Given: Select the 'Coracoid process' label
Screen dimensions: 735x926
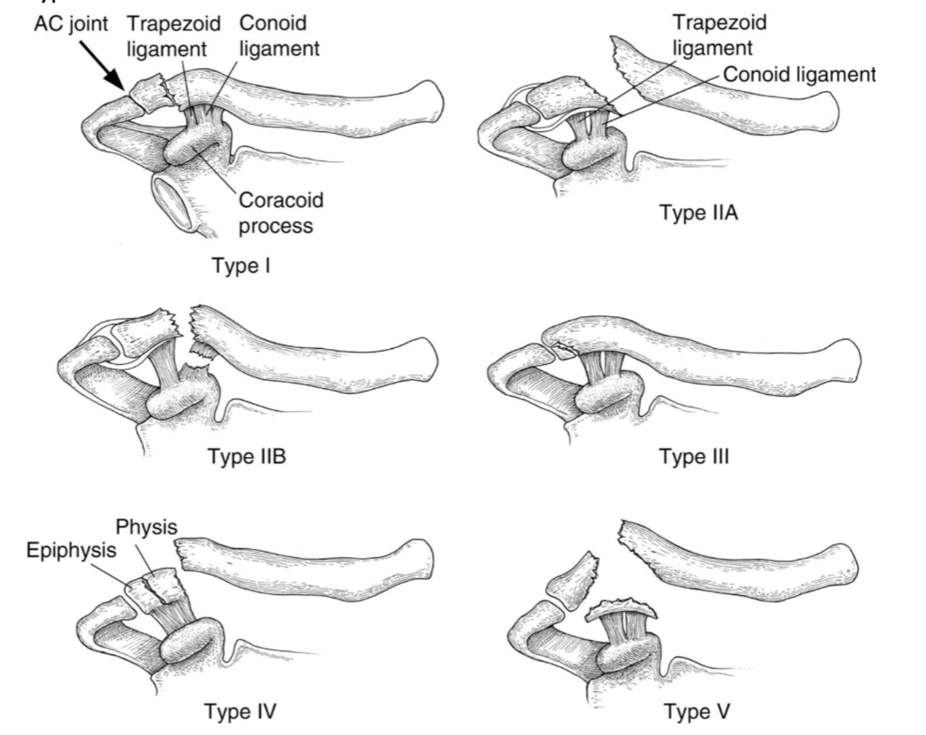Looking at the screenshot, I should [x=279, y=213].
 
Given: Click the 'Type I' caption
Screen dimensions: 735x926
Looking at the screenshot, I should [x=241, y=267].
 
